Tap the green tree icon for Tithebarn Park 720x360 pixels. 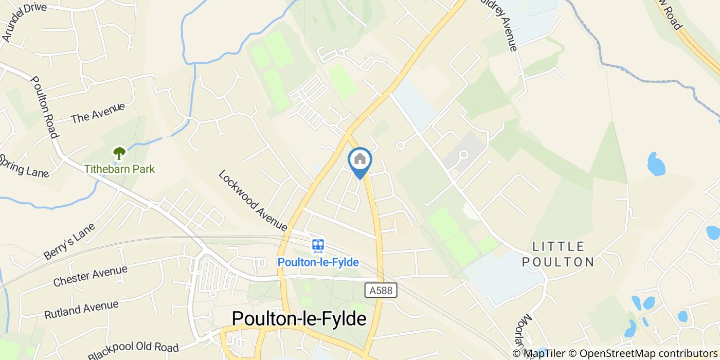(x=119, y=153)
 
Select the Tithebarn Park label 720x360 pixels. (x=119, y=169)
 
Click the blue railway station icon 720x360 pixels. (x=318, y=246)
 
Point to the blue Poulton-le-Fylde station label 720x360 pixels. (x=318, y=262)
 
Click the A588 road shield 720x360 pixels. (x=381, y=291)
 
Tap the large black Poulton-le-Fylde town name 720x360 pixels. (x=299, y=318)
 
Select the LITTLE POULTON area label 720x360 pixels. (x=558, y=254)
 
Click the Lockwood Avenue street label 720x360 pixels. (x=253, y=200)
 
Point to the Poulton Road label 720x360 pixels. (x=43, y=107)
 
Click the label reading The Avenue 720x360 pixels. (x=98, y=113)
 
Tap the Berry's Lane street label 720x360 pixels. (x=69, y=241)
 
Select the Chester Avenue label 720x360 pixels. (x=90, y=276)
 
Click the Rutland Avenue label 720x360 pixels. (x=81, y=310)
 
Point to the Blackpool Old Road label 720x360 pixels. (x=133, y=351)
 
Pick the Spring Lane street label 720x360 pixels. (x=24, y=166)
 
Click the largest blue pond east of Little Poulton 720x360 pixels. (x=656, y=165)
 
